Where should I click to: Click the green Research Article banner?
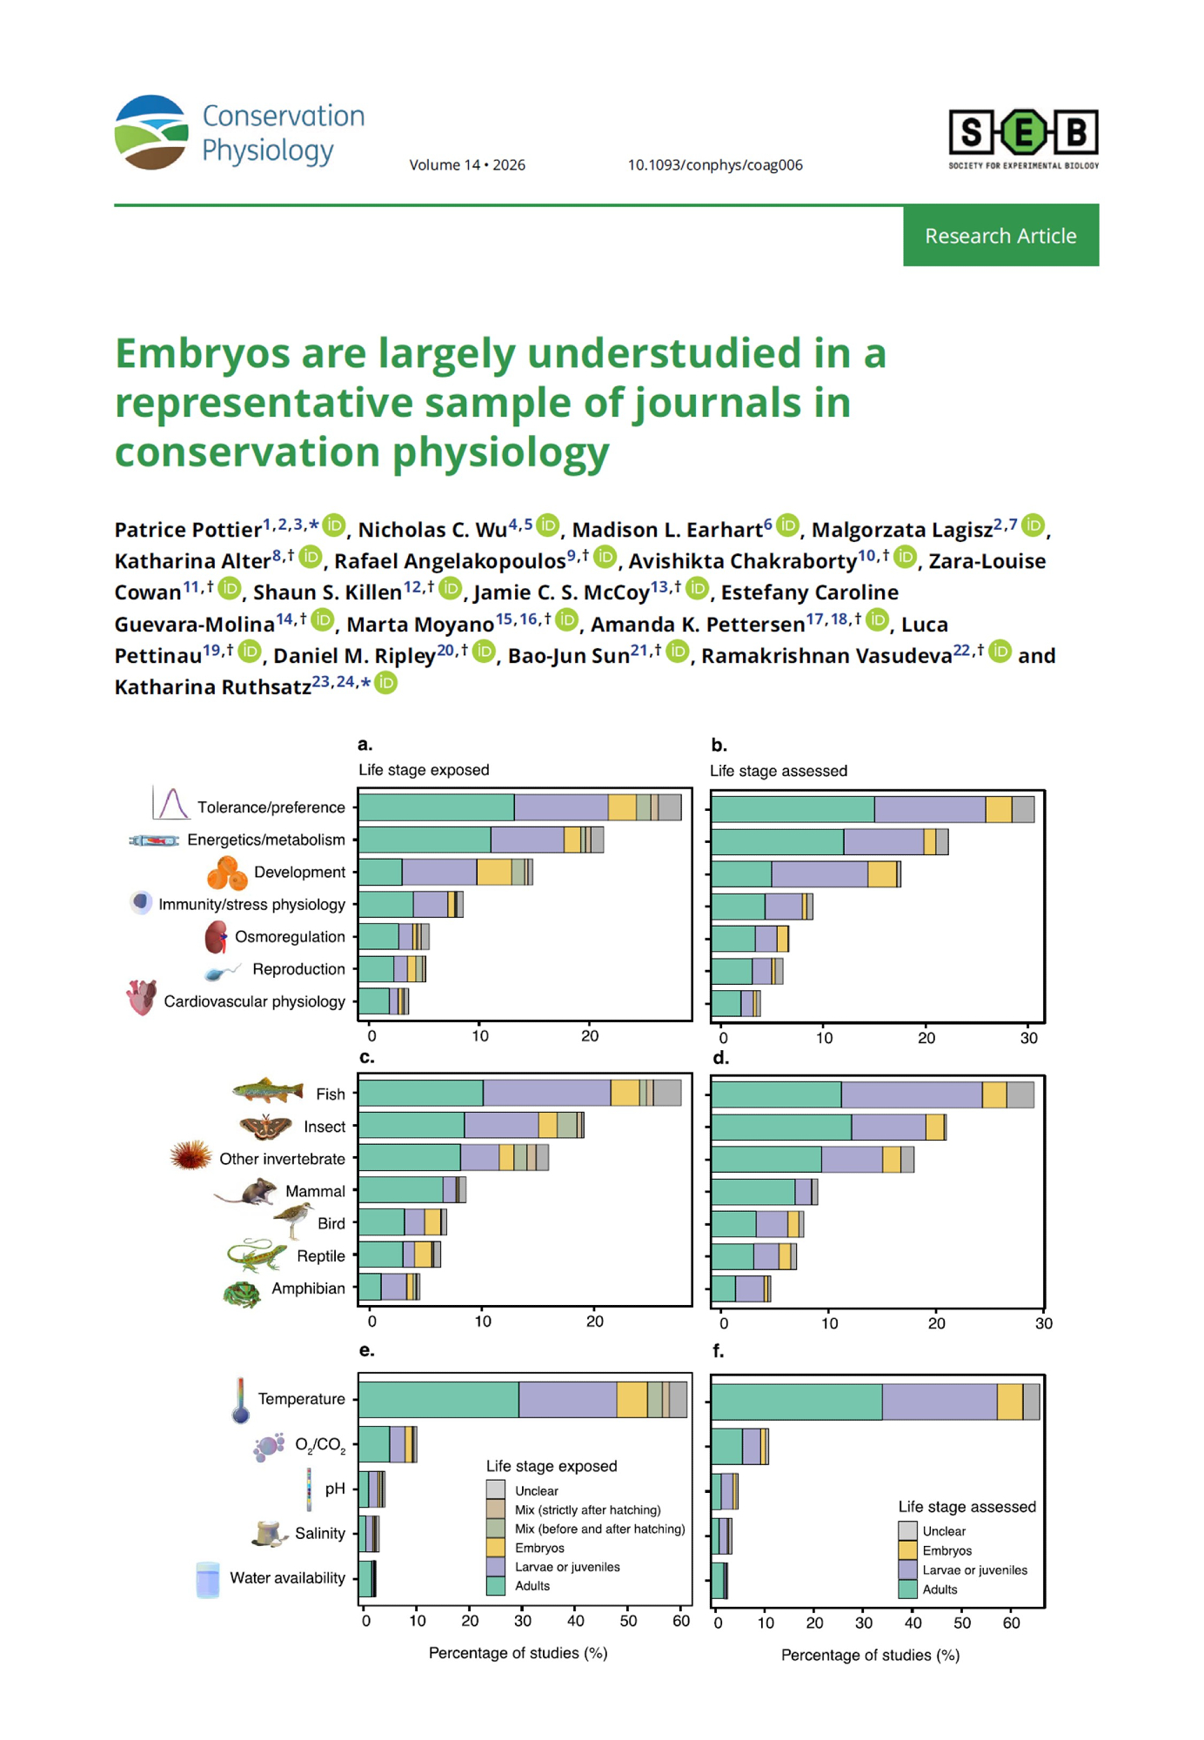tap(1000, 236)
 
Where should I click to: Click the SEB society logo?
tap(1023, 137)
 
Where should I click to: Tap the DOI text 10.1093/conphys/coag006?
tap(715, 165)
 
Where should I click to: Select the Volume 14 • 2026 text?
tap(467, 165)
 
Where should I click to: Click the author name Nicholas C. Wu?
tap(432, 530)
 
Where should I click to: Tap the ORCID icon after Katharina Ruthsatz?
tap(385, 684)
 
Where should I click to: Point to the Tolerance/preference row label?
tap(271, 807)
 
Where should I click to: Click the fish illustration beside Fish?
tap(268, 1089)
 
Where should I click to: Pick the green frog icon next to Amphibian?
tap(242, 1295)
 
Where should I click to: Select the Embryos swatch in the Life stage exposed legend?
tap(495, 1548)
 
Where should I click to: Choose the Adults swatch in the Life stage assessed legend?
tap(907, 1589)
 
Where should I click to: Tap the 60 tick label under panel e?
tap(681, 1621)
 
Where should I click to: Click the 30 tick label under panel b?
tap(1029, 1038)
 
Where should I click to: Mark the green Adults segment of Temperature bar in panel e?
tap(438, 1400)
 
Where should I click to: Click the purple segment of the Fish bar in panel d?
tap(911, 1094)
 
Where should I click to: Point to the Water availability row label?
tap(287, 1578)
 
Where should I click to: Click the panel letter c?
tap(366, 1057)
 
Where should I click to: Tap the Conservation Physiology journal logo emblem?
tap(151, 132)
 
